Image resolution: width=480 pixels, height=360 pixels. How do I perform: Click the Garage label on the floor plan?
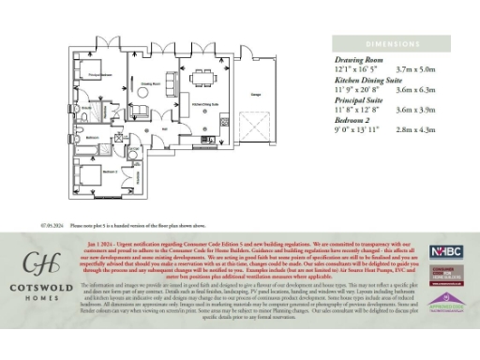pos(255,95)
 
